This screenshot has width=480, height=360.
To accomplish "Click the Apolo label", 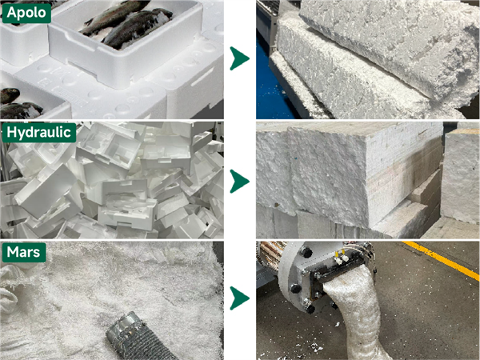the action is coord(26,13).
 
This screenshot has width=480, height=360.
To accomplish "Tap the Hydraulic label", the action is coord(39,133).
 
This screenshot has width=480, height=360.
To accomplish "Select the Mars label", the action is coord(24,253).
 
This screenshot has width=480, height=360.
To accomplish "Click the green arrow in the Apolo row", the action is coord(239,58).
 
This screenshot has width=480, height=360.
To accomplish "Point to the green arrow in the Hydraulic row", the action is coord(239,182).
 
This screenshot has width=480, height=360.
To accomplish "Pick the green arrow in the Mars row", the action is coord(239,298).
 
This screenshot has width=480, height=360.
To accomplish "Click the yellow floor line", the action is coord(442,260).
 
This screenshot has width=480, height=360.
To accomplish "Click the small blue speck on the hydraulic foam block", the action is coord(297,159).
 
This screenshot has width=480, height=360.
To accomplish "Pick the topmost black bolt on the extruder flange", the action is coord(306,253).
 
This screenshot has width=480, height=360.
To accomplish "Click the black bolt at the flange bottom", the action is coord(310,309).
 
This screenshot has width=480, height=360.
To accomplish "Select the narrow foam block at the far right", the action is coord(460,174).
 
